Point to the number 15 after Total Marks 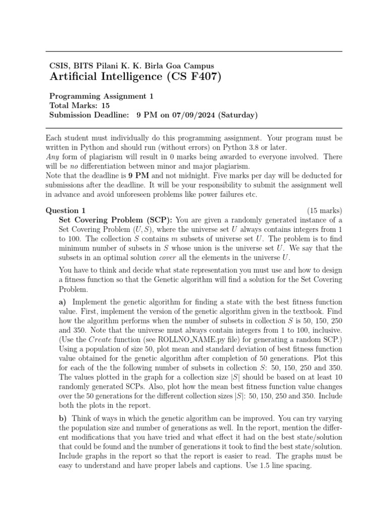click(x=105, y=106)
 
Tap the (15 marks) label click(x=324, y=210)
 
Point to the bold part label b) click(x=63, y=419)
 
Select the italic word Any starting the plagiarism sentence click(x=52, y=157)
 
